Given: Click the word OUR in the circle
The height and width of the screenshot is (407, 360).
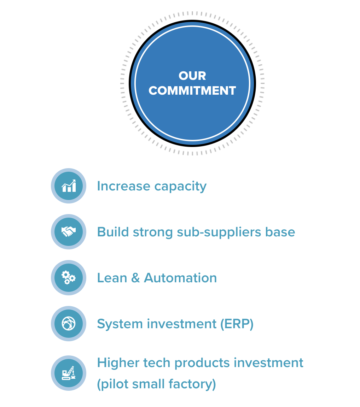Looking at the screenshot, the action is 192,76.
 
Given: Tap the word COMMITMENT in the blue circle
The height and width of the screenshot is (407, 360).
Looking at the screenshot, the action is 192,91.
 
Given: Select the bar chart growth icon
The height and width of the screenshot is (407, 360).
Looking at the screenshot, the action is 69,186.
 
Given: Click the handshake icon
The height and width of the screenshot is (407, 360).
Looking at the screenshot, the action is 69,231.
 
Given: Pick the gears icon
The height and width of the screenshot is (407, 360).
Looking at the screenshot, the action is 69,277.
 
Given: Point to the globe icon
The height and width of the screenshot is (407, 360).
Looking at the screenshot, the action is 69,323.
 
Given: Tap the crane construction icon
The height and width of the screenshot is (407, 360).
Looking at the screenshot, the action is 69,373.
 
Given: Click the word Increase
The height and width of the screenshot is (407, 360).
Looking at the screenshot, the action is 124,186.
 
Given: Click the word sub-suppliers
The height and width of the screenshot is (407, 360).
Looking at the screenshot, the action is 219,232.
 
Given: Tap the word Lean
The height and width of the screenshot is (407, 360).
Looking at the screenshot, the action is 112,278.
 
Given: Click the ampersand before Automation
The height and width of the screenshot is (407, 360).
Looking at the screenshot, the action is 135,278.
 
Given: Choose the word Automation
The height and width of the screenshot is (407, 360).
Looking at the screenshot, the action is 180,278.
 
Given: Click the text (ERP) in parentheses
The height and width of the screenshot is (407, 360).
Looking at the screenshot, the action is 237,324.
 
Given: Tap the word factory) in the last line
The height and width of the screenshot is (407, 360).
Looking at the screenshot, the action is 192,384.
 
